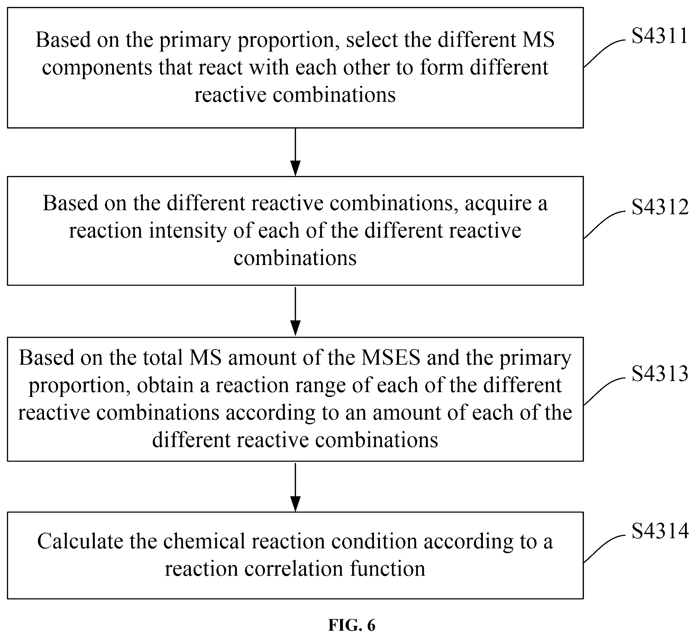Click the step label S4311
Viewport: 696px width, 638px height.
click(x=660, y=36)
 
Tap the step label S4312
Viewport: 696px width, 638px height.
click(x=660, y=208)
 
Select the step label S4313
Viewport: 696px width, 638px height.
click(x=660, y=374)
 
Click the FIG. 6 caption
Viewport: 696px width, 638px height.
click(x=351, y=625)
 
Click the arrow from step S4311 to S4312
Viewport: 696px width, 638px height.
click(x=295, y=152)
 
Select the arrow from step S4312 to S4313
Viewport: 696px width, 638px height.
click(x=295, y=311)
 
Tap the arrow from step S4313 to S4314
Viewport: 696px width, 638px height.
click(x=295, y=487)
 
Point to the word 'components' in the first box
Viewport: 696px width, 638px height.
click(x=97, y=68)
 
